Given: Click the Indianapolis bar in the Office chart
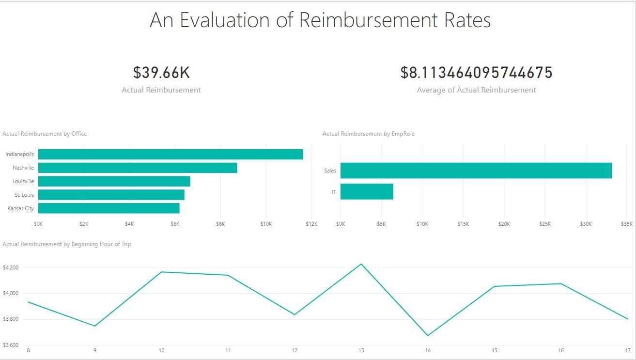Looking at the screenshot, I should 171,154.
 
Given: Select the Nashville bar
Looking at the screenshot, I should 138,168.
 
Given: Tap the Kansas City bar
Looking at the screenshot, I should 109,208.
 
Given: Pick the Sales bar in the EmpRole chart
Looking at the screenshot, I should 476,171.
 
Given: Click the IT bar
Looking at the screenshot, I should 367,191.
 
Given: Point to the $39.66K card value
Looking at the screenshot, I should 161,73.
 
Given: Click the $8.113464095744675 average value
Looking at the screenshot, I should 476,73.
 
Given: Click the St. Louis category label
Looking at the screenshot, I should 24,195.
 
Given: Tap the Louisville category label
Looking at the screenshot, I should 23,181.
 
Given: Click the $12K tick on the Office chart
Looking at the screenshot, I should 311,224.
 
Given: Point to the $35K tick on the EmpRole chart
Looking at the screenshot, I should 627,224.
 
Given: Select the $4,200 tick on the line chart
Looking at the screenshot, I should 11,267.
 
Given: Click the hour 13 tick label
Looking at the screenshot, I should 361,350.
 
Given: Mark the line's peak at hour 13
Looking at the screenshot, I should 361,264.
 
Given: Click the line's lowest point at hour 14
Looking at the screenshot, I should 428,335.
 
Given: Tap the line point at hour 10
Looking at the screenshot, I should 161,272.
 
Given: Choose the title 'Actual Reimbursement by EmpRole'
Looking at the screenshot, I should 369,134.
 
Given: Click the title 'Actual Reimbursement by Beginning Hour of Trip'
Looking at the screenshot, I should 67,244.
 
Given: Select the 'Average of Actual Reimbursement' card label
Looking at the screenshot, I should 476,90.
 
